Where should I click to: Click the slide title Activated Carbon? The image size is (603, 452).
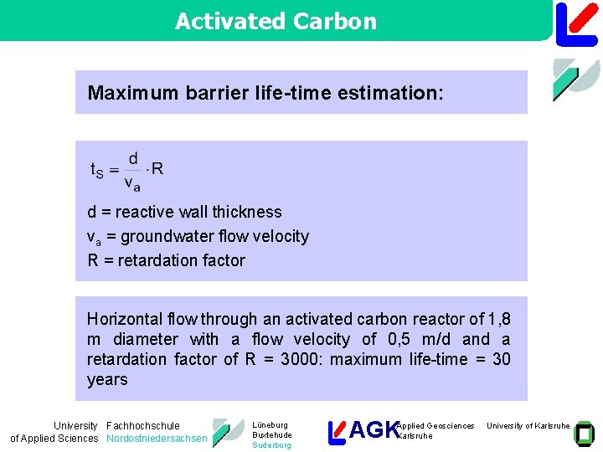[276, 21]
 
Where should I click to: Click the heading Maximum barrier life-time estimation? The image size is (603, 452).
[265, 93]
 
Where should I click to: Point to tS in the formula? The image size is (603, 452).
[97, 169]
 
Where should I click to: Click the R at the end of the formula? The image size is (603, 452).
[157, 168]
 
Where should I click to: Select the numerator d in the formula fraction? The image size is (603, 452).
[132, 158]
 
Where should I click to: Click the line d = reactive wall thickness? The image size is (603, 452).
[184, 212]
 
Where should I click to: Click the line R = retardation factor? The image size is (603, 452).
[166, 260]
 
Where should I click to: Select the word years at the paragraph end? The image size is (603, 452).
[107, 379]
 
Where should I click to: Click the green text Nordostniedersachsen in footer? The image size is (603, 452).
[157, 439]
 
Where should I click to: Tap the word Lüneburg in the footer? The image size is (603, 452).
[270, 425]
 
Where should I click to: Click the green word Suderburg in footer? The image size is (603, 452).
[271, 445]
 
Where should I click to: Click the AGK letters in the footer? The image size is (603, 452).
[374, 430]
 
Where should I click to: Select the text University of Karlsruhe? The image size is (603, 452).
[528, 426]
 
